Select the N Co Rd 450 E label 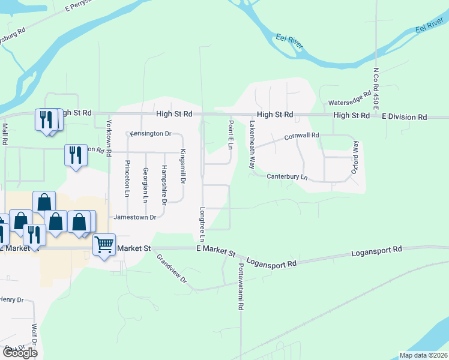(376, 88)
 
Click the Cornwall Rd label (301, 136)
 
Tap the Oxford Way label (355, 158)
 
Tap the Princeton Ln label (127, 178)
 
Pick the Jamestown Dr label (136, 217)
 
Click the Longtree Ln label (202, 225)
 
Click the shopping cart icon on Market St (104, 244)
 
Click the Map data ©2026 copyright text (423, 355)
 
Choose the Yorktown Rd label (109, 138)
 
